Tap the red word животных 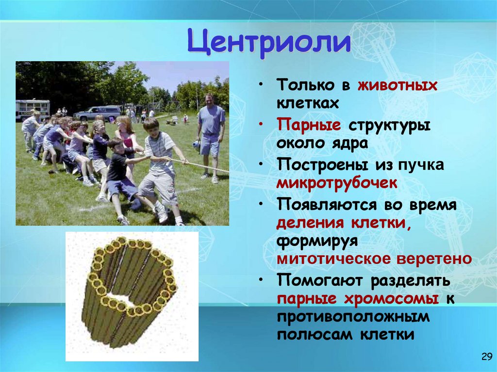398,86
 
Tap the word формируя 317,241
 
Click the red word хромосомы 388,299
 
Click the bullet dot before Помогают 262,281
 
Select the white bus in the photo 33,110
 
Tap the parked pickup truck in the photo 97,113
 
